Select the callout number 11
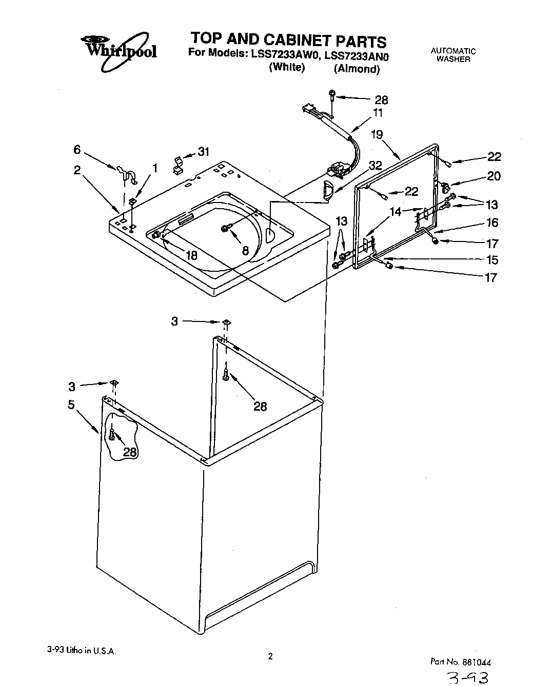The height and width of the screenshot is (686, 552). (x=378, y=113)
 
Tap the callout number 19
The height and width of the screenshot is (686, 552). (x=377, y=135)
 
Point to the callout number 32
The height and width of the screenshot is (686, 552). (x=375, y=165)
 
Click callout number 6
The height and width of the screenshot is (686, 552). (x=77, y=149)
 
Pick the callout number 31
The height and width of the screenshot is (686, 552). (x=204, y=152)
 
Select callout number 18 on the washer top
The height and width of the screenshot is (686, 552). (x=191, y=255)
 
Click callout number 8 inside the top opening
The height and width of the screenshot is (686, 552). (x=245, y=250)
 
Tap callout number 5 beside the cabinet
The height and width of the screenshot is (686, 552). (x=71, y=405)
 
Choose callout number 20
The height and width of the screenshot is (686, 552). (x=494, y=176)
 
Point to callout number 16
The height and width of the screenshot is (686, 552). (x=492, y=222)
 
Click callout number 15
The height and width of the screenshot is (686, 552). (x=491, y=259)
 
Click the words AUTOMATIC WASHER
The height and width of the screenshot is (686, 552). (x=453, y=55)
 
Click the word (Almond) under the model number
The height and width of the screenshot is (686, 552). (x=357, y=69)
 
